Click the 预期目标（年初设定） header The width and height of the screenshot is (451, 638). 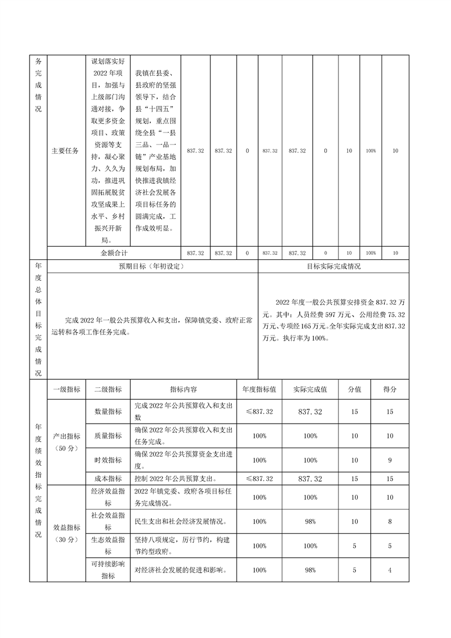coord(152,266)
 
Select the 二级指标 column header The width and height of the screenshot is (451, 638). coord(108,390)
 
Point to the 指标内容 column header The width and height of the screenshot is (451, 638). coord(183,390)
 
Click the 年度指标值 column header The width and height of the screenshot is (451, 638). coord(259,390)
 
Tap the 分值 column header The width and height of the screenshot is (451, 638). coord(354,390)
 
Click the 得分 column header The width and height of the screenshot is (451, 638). coord(390,390)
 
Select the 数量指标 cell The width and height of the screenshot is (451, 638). coord(108,411)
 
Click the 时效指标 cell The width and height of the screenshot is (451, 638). coord(108,460)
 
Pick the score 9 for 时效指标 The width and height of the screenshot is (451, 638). coord(390,460)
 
